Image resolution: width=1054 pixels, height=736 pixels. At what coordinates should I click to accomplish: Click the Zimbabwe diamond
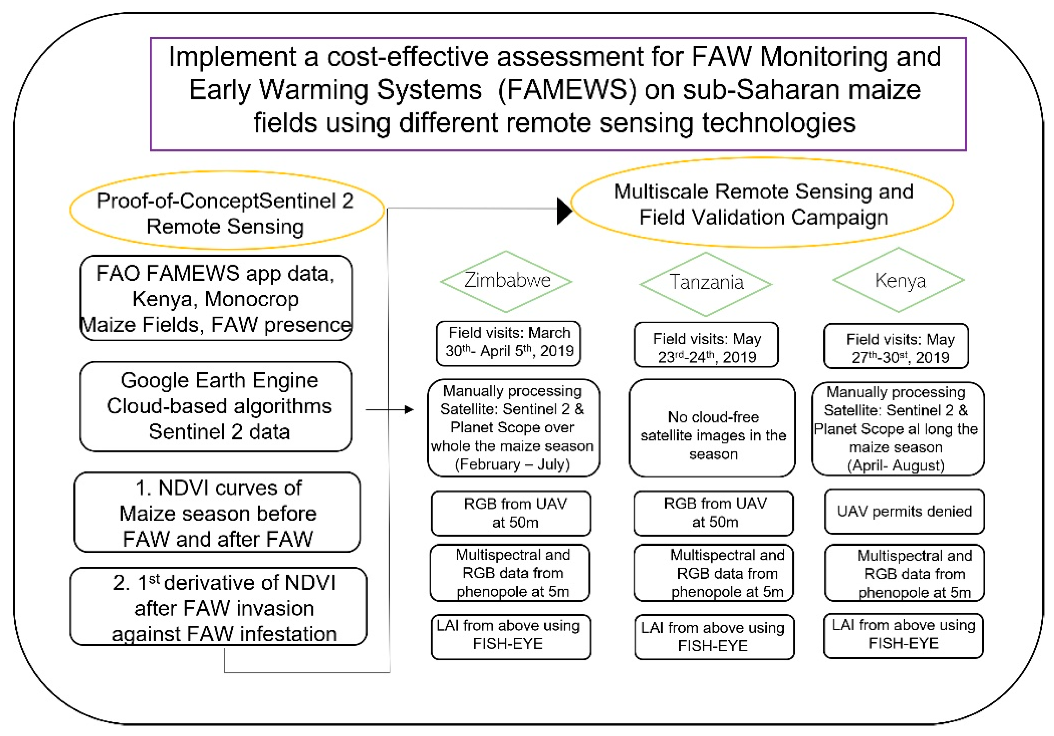coord(506,281)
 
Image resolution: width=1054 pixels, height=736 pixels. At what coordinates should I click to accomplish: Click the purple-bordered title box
coord(558,94)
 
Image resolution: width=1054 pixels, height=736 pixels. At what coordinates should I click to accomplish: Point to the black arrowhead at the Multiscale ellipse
coord(564,211)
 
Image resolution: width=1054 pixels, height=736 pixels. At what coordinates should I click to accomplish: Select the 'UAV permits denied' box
coord(904,511)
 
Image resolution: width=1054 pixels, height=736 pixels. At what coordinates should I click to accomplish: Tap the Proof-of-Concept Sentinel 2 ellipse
coord(227,211)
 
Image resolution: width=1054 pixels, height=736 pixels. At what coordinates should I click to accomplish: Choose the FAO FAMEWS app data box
coord(216,298)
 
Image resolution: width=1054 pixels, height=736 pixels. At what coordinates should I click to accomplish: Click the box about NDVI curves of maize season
coord(217,513)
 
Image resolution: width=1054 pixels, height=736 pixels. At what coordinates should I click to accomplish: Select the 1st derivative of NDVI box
coord(219,607)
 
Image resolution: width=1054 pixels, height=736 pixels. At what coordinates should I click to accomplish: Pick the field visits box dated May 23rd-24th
coord(706,345)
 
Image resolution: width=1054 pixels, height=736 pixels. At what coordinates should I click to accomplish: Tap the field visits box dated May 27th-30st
coord(896,346)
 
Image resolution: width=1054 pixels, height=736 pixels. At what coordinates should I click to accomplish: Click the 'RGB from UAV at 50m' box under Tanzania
coord(713,513)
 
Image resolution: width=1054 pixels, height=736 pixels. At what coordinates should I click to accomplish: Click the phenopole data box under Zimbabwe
coord(510,573)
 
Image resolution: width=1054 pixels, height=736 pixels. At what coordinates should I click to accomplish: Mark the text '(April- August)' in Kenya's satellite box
coord(896,466)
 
